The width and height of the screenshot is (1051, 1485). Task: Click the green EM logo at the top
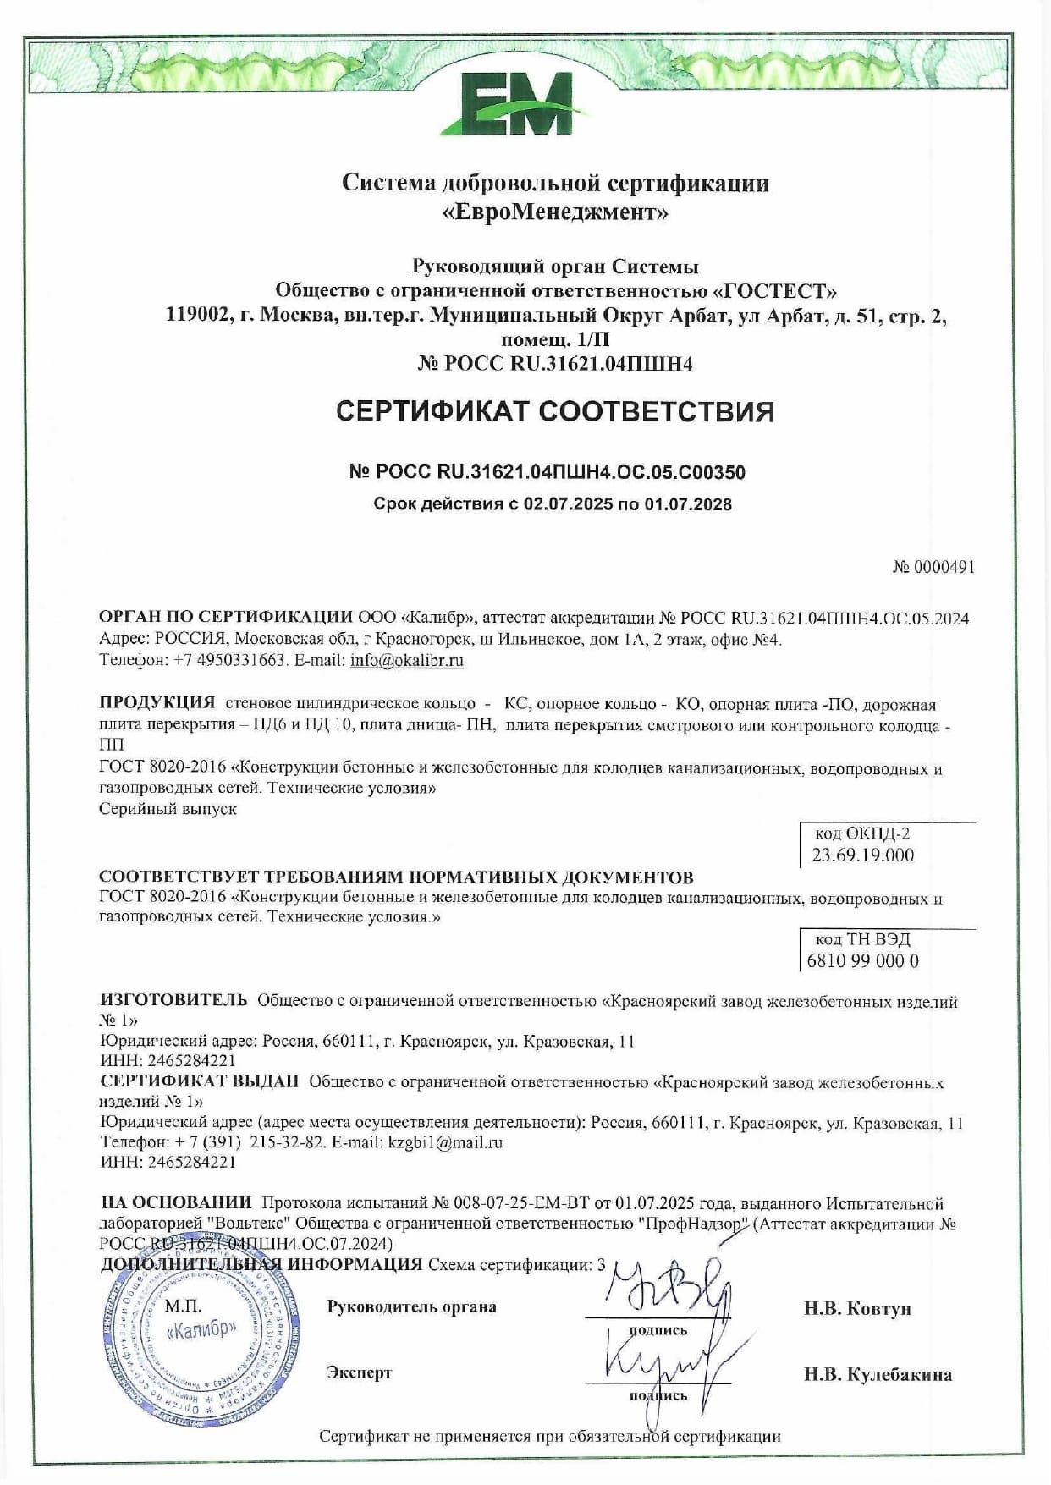pyautogui.click(x=517, y=103)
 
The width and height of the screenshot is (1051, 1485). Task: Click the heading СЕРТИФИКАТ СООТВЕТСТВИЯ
pyautogui.click(x=555, y=412)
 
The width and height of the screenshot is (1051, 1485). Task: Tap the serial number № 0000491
pyautogui.click(x=933, y=567)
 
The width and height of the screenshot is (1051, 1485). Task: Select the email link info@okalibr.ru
pyautogui.click(x=407, y=660)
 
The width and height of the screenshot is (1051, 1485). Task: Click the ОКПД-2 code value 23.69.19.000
pyautogui.click(x=862, y=855)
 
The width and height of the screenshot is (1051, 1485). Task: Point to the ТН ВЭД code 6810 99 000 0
pyautogui.click(x=863, y=960)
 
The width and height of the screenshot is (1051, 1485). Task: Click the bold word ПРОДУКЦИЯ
pyautogui.click(x=157, y=703)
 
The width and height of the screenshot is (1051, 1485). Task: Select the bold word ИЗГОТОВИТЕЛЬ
pyautogui.click(x=173, y=1001)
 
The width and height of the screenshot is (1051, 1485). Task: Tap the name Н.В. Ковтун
pyautogui.click(x=857, y=1309)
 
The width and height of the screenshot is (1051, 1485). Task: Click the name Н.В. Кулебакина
pyautogui.click(x=878, y=1374)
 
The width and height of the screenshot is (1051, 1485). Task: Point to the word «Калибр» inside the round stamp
pyautogui.click(x=201, y=1328)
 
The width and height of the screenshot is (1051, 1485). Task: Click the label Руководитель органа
pyautogui.click(x=411, y=1306)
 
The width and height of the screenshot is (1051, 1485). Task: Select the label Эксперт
pyautogui.click(x=359, y=1372)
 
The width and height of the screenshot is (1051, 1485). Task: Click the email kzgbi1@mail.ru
pyautogui.click(x=445, y=1141)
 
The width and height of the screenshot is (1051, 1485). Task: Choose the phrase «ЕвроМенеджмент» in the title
pyautogui.click(x=555, y=212)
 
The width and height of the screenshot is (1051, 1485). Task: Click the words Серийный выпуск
pyautogui.click(x=168, y=808)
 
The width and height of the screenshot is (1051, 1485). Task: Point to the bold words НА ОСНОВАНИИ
pyautogui.click(x=176, y=1202)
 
